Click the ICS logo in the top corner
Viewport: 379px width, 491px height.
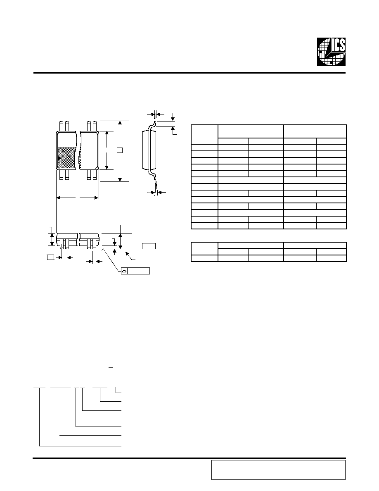pos(331,52)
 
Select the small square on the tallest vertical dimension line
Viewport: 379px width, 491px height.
pos(119,150)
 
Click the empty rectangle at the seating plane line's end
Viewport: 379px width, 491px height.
pos(149,246)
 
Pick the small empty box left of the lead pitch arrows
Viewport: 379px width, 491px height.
pos(50,257)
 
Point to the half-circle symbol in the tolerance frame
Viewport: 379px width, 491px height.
pos(124,271)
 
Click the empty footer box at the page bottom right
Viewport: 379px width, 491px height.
pos(278,470)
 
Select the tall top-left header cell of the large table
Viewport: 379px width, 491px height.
pos(204,135)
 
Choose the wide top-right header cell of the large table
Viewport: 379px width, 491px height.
pos(315,131)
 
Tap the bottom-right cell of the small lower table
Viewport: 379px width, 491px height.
pos(331,258)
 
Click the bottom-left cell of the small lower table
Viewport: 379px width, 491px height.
pos(204,258)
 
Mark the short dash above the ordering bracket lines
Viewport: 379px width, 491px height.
pos(110,367)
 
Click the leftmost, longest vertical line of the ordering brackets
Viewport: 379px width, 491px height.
pos(39,417)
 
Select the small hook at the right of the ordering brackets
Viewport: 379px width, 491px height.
pos(118,391)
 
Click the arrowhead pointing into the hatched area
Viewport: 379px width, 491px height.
pos(59,158)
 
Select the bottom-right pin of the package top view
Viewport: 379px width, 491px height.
pos(95,175)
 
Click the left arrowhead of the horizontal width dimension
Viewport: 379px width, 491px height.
pos(59,198)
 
